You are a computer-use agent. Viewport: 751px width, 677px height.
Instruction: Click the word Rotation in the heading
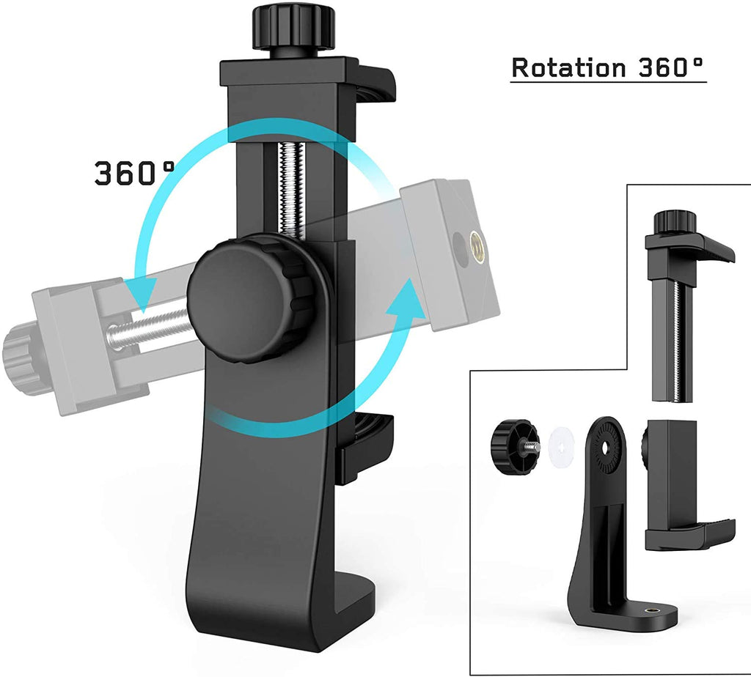click(x=566, y=67)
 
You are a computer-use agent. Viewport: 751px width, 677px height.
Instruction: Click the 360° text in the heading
click(x=668, y=67)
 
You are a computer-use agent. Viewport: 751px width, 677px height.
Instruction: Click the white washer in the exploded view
click(x=563, y=446)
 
